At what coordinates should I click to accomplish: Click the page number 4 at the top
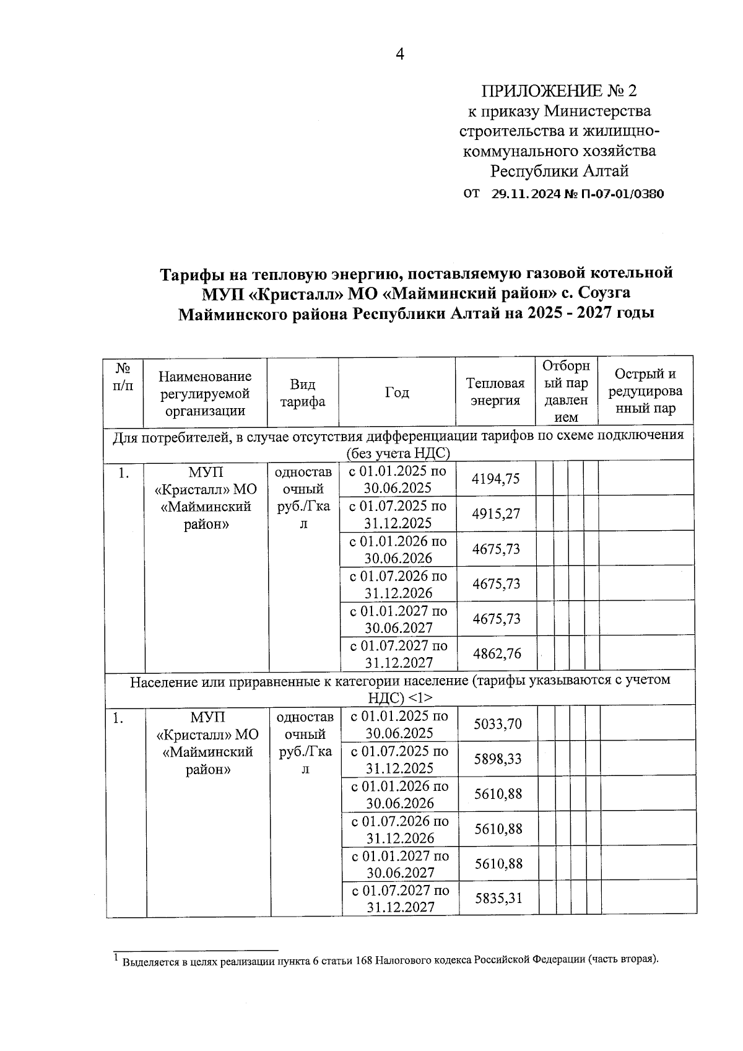[x=400, y=55]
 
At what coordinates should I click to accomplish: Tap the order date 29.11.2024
[x=525, y=194]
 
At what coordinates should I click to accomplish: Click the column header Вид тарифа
[x=302, y=393]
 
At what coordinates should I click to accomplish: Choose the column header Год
[x=397, y=392]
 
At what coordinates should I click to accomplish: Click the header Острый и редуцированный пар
[x=645, y=391]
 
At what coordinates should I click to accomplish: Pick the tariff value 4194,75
[x=495, y=478]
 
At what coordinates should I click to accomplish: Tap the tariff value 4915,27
[x=495, y=513]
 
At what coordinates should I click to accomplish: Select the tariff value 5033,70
[x=497, y=723]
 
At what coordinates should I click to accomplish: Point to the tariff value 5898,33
[x=497, y=759]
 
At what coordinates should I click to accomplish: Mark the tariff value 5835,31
[x=497, y=897]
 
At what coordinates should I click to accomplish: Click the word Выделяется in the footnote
[x=151, y=962]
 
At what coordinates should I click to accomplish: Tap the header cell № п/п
[x=123, y=377]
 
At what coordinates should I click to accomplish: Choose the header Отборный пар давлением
[x=566, y=391]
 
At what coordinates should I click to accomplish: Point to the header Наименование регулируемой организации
[x=205, y=393]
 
